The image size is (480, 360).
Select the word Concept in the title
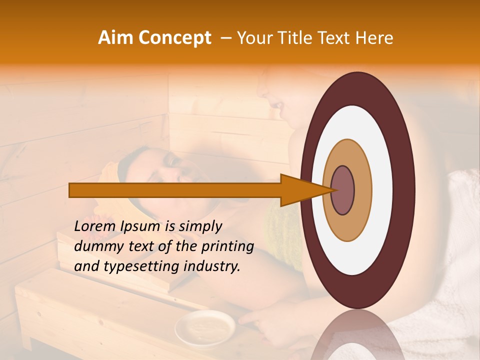(x=175, y=38)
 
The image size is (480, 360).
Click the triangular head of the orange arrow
(x=300, y=190)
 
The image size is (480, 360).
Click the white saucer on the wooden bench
(x=205, y=327)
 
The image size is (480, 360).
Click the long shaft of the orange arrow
(x=175, y=190)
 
